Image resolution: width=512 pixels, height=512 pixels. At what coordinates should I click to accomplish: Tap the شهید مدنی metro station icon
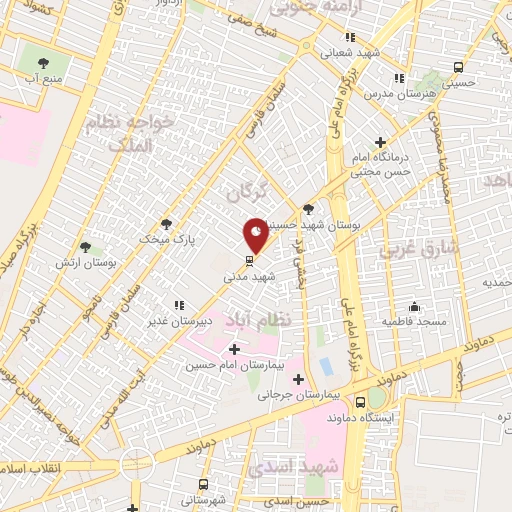tap(250, 261)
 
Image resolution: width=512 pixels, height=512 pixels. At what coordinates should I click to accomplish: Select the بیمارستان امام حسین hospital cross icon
tap(234, 349)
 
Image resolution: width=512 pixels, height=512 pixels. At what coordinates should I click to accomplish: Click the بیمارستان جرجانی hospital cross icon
tap(298, 379)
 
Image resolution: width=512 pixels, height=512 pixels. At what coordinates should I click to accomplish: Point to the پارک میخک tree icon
tap(166, 224)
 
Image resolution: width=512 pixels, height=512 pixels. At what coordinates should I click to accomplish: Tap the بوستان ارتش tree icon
tap(85, 246)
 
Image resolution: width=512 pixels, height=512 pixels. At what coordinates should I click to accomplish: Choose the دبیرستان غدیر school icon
tap(179, 305)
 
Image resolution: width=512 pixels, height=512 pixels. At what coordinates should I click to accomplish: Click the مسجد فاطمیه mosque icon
tap(414, 306)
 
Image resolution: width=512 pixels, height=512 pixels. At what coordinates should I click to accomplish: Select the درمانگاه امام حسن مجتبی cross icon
tap(379, 142)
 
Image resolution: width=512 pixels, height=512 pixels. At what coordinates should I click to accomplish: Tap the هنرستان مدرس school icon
tap(399, 77)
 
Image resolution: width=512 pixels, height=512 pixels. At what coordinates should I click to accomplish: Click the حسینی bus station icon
tap(458, 67)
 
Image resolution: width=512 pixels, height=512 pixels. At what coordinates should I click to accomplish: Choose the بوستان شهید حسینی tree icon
tap(307, 209)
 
